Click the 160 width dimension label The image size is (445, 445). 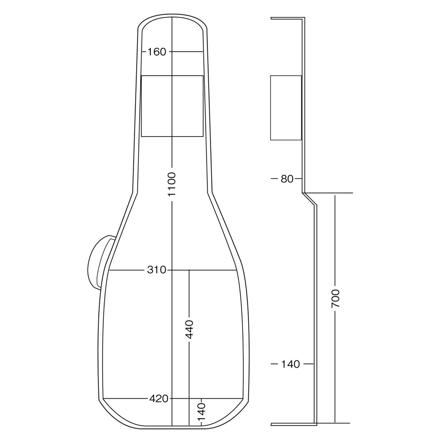(x=157, y=52)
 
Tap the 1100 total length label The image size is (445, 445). (x=172, y=185)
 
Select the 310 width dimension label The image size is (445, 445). (x=156, y=270)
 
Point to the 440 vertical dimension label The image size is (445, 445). (x=189, y=330)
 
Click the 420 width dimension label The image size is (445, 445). (x=158, y=399)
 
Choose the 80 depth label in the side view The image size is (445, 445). (x=287, y=179)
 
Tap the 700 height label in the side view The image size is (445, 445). (x=336, y=299)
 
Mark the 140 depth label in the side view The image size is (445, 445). (x=291, y=364)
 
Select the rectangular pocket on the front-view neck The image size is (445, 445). (x=172, y=106)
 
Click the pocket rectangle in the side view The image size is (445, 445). (x=286, y=108)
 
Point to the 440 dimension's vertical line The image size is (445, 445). (x=189, y=294)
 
